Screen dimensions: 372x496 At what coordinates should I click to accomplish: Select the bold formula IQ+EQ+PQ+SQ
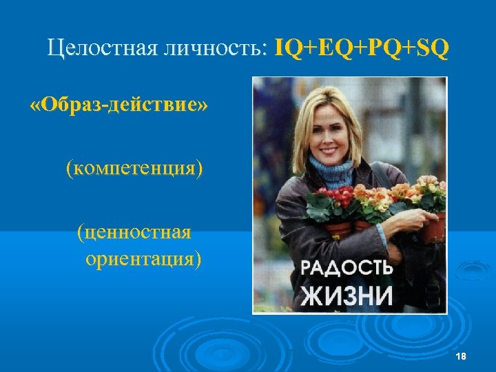[x=362, y=49]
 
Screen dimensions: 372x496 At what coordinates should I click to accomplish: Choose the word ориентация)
[x=143, y=260]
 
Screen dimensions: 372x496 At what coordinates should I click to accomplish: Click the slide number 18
[x=461, y=355]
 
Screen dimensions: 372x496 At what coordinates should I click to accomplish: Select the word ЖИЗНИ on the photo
[x=347, y=296]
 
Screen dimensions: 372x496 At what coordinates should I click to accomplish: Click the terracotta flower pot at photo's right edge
[x=434, y=227]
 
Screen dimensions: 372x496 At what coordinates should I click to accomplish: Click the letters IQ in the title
[x=287, y=49]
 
